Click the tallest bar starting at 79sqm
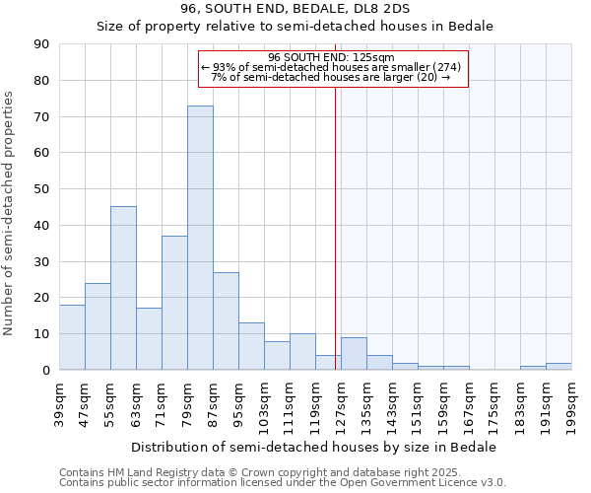(x=200, y=238)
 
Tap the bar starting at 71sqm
(x=174, y=303)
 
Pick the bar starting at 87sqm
(x=226, y=320)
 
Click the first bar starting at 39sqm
(x=72, y=337)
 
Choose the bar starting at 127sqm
(x=354, y=353)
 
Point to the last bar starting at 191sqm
(x=558, y=366)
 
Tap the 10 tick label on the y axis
(x=43, y=334)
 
